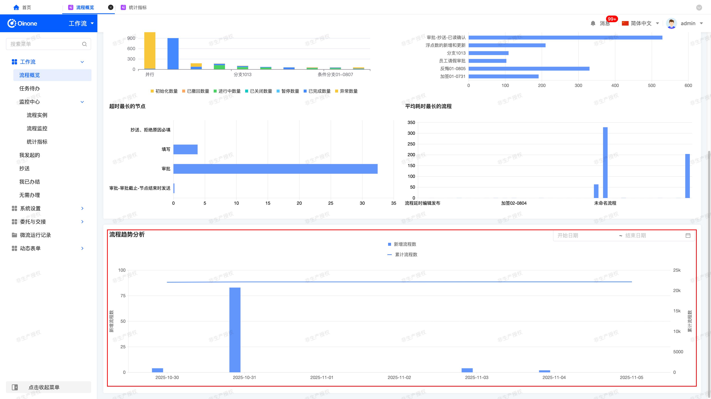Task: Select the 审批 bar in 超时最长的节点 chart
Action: tap(276, 169)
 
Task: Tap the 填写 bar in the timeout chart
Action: tap(186, 149)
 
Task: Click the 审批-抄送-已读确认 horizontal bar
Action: tap(565, 38)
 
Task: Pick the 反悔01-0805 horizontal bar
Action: tap(529, 69)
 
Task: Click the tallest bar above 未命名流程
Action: tap(605, 162)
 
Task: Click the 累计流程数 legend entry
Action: tap(402, 254)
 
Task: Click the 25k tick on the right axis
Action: tap(677, 270)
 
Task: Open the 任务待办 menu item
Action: tap(30, 88)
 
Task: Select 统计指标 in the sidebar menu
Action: tap(37, 142)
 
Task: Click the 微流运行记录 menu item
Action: tap(35, 235)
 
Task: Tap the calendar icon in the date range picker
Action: tap(688, 235)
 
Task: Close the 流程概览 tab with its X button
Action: tap(111, 7)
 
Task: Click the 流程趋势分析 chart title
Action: tap(127, 234)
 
